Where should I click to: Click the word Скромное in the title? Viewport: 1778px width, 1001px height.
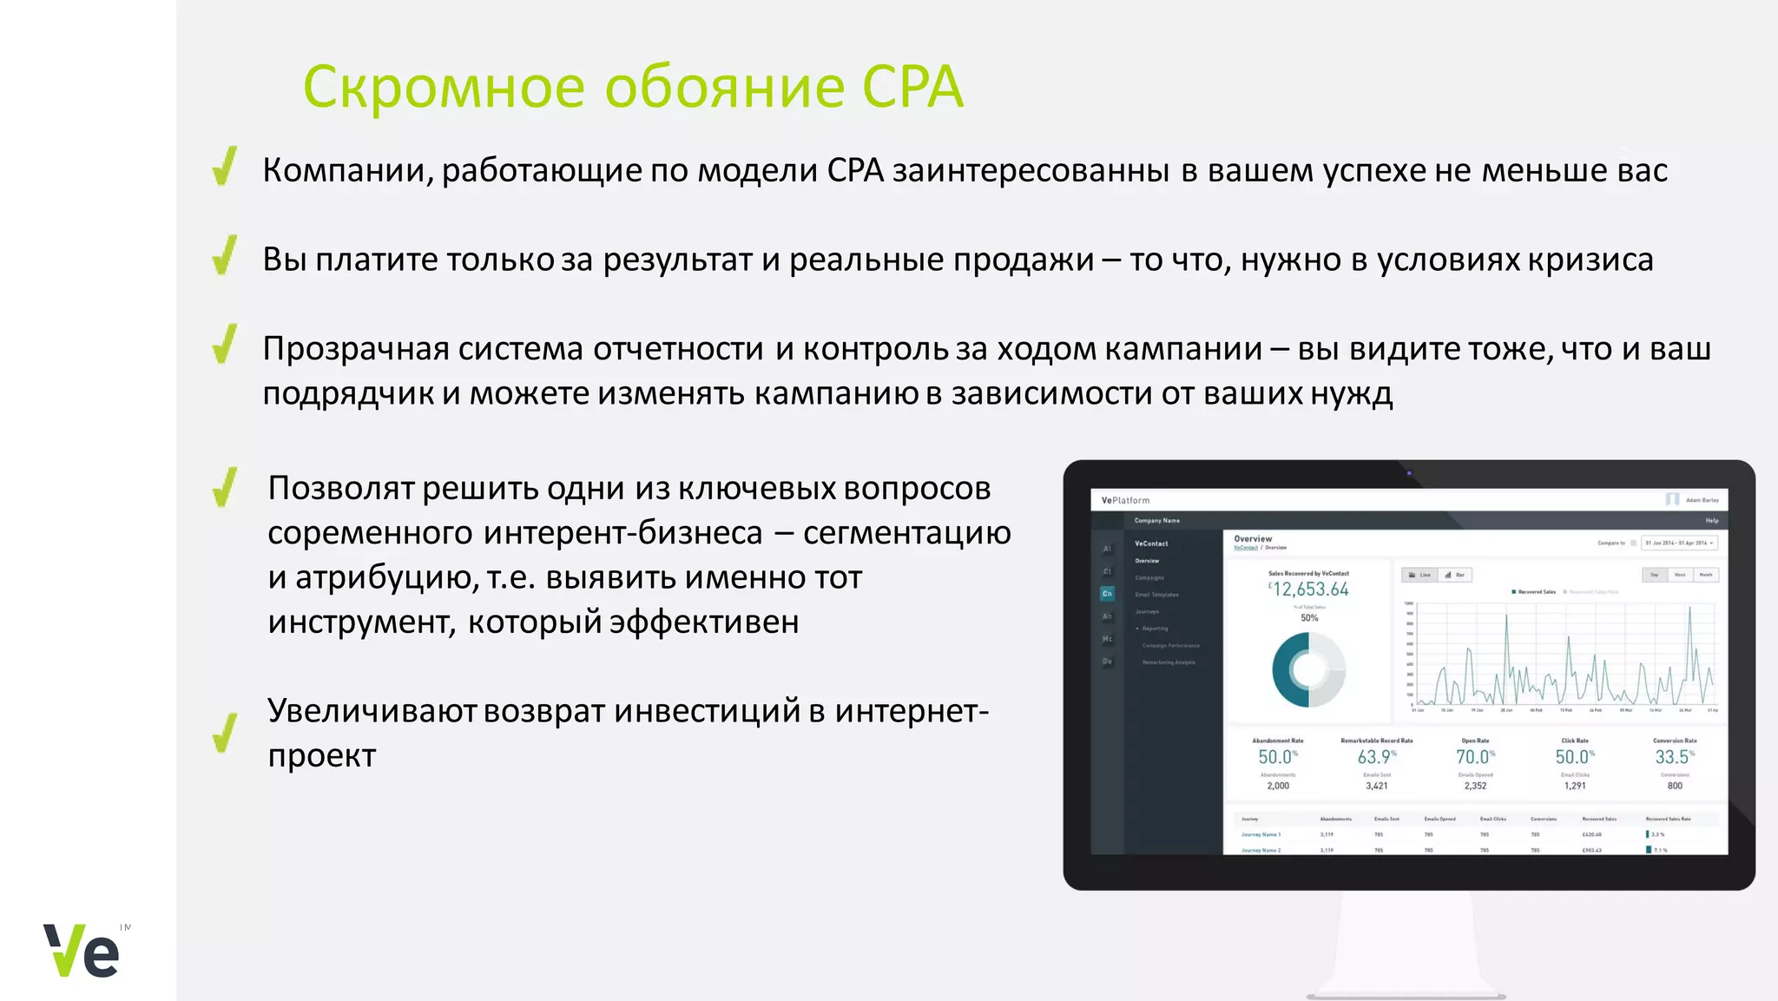[444, 88]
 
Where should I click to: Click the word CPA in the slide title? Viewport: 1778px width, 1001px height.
[912, 88]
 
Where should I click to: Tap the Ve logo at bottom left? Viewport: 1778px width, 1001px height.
[82, 951]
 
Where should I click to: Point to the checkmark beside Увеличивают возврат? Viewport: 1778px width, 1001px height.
[225, 734]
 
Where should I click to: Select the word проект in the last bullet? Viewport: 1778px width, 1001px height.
[321, 755]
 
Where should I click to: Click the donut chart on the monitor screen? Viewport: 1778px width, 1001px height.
[1308, 669]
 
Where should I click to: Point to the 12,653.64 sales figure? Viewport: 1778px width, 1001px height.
[1309, 589]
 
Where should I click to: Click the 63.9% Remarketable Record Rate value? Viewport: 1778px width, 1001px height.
[1376, 757]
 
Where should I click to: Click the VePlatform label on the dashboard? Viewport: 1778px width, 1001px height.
[1125, 500]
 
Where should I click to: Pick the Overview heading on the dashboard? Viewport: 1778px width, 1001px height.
[1253, 538]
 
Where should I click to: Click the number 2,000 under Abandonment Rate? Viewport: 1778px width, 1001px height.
[1278, 786]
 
